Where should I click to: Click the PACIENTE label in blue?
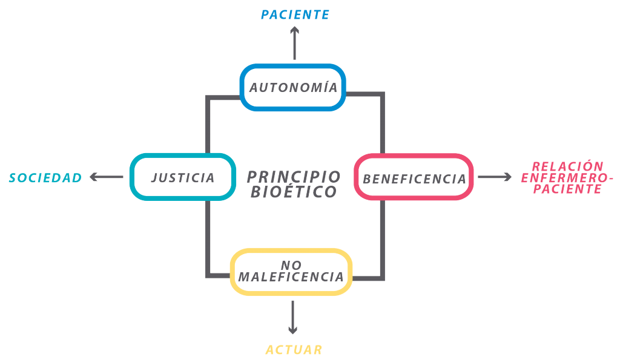point(295,15)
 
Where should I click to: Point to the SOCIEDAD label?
point(45,178)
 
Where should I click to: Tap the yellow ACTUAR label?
point(294,350)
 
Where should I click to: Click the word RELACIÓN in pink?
point(567,166)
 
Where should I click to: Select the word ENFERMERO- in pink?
point(567,178)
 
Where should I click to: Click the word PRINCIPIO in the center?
point(294,177)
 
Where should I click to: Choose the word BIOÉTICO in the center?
point(294,192)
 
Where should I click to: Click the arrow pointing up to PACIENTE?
point(295,43)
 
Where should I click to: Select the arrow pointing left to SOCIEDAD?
point(107,177)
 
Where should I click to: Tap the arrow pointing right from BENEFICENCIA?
point(495,177)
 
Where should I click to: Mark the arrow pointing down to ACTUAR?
point(292,317)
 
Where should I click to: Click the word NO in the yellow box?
point(291,265)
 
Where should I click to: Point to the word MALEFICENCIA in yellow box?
point(291,277)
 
